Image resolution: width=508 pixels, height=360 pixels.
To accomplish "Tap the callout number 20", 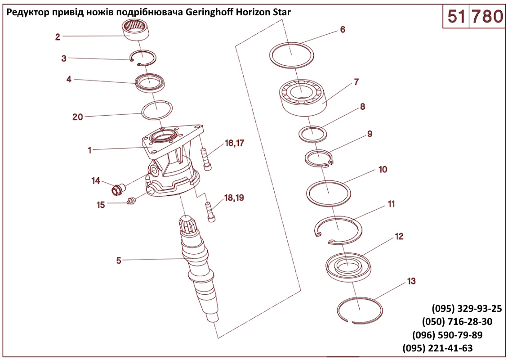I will pos(78,117).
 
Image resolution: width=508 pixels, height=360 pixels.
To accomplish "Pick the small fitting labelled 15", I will pos(131,201).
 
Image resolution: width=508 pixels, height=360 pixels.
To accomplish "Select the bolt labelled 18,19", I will pos(210,211).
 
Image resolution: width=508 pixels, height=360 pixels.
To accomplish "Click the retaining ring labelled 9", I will pos(319,158).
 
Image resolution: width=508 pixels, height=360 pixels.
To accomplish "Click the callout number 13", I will pos(411,281).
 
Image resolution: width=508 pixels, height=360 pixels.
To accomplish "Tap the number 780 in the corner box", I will pos(486,17).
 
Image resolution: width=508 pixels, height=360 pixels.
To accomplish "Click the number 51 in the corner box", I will pos(455,17).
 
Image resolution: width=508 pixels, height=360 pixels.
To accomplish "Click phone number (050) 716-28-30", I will pos(457,322).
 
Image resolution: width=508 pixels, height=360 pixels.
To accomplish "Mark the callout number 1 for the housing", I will pos(89,150).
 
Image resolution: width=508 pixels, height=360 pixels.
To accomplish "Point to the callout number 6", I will pos(343,30).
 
